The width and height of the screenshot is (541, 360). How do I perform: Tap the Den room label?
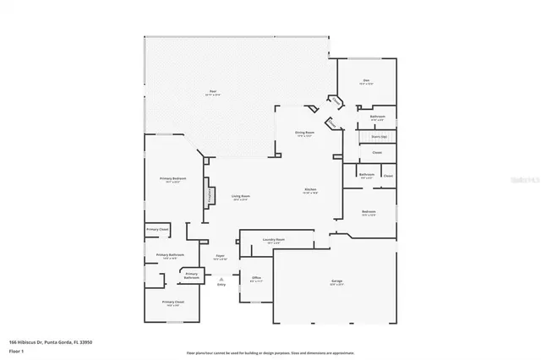[x=366, y=82]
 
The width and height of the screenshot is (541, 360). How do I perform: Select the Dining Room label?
[x=304, y=133]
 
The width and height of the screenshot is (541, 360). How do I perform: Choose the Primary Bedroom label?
[x=172, y=178]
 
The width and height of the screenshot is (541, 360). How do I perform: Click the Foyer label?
[x=219, y=255]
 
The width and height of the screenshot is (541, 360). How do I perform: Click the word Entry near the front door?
[x=221, y=285]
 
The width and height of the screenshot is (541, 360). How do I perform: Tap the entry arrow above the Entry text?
[x=221, y=278]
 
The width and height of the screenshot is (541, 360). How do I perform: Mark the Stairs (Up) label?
[x=378, y=136]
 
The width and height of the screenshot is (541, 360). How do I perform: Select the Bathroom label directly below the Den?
[x=378, y=117]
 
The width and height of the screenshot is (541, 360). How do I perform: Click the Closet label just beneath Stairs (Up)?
[x=377, y=152]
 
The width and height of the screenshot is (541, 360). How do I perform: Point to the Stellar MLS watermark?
[x=523, y=179]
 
